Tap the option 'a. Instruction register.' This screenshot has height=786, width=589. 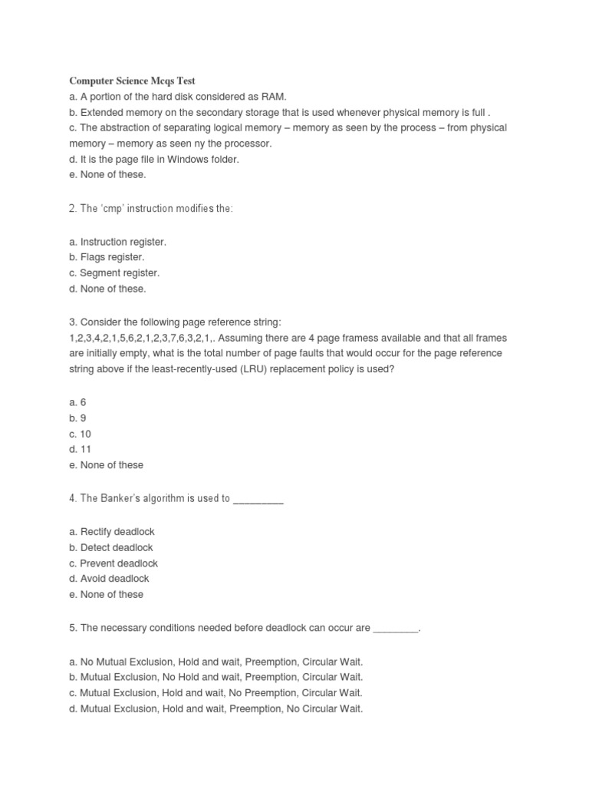(x=117, y=242)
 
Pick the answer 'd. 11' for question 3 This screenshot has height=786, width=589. (x=80, y=449)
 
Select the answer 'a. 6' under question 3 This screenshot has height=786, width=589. (x=77, y=402)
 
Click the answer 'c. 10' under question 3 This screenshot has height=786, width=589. (x=80, y=434)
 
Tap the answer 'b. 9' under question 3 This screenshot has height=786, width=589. (x=77, y=418)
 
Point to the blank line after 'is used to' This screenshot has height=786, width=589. (x=258, y=499)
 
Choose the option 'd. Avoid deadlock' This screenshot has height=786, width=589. (x=109, y=579)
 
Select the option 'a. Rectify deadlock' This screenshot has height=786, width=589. (x=112, y=532)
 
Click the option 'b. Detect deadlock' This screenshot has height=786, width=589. (x=111, y=547)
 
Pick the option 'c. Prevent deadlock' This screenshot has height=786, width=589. (x=114, y=563)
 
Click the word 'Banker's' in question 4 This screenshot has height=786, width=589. (x=116, y=498)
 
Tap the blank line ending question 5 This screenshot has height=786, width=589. (x=396, y=629)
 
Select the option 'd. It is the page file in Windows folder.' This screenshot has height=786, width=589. (x=154, y=159)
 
